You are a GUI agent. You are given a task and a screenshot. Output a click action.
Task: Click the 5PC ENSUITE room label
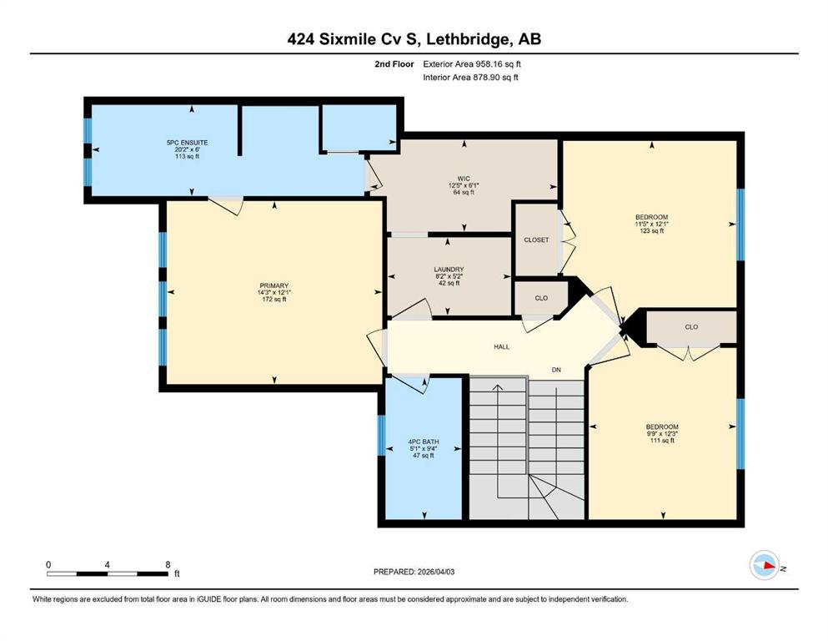pos(187,143)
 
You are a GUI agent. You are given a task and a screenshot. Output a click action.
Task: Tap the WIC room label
pos(464,179)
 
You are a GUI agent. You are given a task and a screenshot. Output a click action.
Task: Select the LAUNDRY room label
pos(449,270)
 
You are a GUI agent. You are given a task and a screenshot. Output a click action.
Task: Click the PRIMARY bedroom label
pos(274,286)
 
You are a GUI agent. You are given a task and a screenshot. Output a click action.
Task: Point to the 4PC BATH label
pos(424,442)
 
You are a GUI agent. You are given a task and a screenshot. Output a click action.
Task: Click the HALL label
pos(502,347)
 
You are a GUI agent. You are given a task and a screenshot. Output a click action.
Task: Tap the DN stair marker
pos(556,370)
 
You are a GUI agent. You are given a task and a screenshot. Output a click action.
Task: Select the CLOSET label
pos(536,240)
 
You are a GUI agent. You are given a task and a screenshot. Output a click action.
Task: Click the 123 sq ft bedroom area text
pos(651,230)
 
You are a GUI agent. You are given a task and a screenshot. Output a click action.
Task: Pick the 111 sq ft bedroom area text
pos(662,440)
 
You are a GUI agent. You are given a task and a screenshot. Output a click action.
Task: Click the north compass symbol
pos(765,565)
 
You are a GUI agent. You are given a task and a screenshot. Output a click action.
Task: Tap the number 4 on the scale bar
pos(108,564)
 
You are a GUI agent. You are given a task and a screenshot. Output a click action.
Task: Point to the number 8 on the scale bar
pos(168,564)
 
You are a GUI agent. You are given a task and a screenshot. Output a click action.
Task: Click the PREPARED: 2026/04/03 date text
pos(414,572)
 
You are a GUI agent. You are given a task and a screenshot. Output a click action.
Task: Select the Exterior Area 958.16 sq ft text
pos(472,64)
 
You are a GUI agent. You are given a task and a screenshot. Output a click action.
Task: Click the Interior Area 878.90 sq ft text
pos(470,77)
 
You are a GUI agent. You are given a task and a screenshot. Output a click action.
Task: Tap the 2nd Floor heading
pos(394,64)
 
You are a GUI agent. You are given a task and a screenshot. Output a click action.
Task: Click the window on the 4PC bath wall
pos(382,436)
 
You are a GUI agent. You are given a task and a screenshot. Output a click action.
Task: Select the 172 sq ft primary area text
pos(274,300)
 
